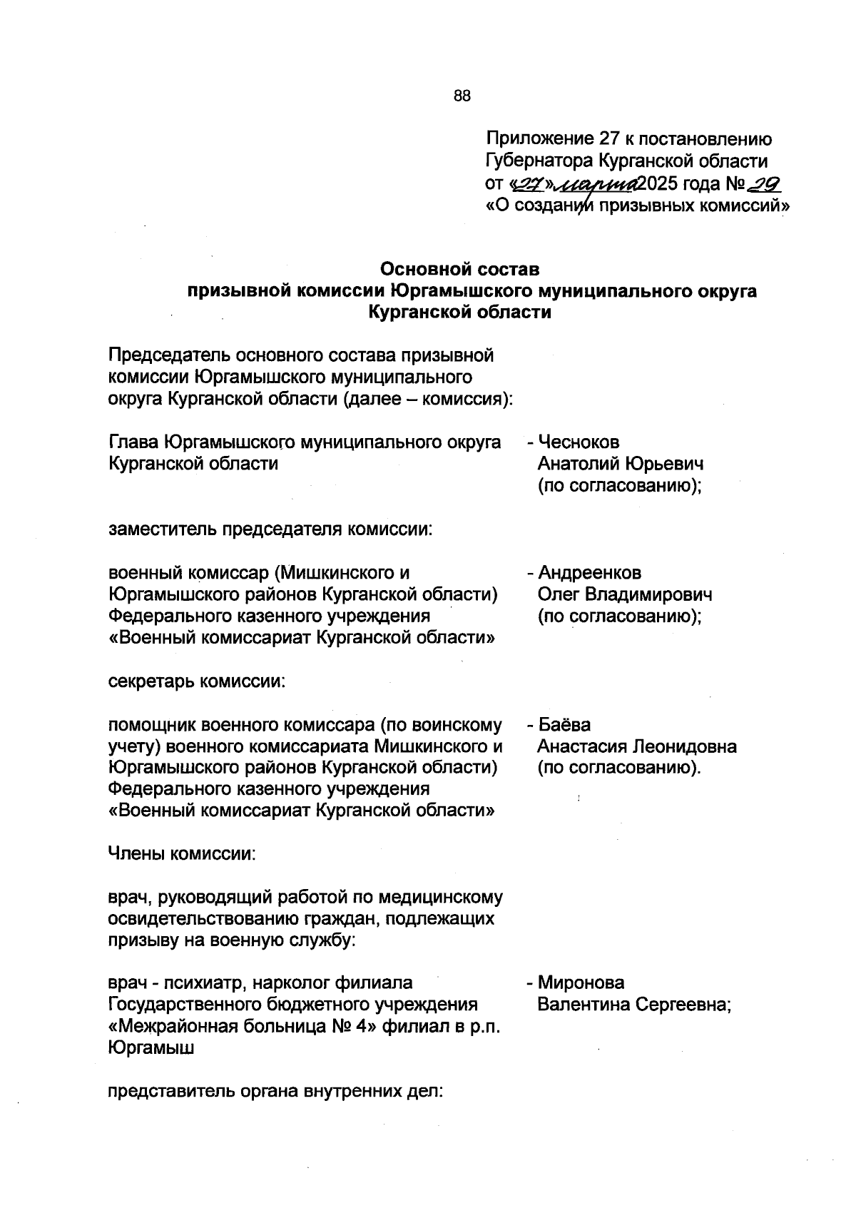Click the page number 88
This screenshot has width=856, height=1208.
point(462,96)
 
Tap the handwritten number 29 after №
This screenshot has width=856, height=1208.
point(763,185)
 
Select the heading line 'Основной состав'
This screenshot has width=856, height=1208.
point(459,270)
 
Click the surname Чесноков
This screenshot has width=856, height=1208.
point(579,442)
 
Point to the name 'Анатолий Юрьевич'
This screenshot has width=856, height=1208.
point(621,464)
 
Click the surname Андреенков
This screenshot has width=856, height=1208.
point(589,573)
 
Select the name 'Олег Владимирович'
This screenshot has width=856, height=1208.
point(625,594)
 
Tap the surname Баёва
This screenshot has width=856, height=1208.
point(564,725)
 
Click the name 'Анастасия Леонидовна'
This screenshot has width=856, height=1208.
point(637,747)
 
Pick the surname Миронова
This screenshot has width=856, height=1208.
point(581,983)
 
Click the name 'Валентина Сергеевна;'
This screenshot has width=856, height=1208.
point(635,1005)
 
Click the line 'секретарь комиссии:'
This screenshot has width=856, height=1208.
point(197,681)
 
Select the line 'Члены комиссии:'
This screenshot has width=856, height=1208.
point(181,853)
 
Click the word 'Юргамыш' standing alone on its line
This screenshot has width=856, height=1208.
point(152,1048)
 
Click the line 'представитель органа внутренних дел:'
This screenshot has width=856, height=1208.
point(275,1092)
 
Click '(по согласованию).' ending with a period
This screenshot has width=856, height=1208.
point(620,768)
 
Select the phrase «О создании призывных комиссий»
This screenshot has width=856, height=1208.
point(638,206)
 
